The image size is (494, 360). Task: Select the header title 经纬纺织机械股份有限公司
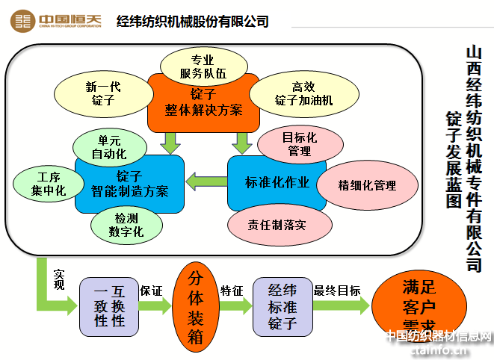tap(193, 21)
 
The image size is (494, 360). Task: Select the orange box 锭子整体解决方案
tap(203, 102)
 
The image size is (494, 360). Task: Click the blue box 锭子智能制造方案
tap(129, 184)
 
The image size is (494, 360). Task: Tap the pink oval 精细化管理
tap(367, 185)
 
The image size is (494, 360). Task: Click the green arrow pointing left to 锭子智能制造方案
tap(206, 180)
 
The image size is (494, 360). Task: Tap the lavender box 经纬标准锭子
tap(282, 305)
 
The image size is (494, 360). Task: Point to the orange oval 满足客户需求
tap(419, 306)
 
